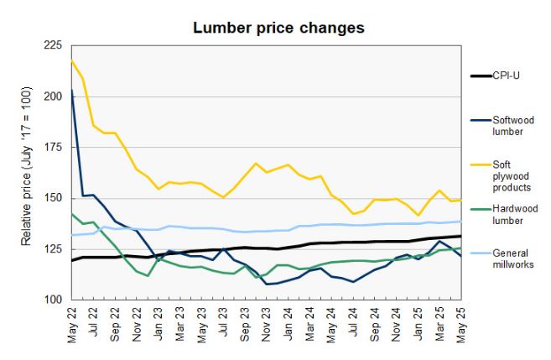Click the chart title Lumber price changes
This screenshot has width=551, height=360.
(278, 28)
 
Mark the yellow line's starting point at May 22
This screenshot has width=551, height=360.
(71, 61)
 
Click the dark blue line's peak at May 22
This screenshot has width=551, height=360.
(71, 90)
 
